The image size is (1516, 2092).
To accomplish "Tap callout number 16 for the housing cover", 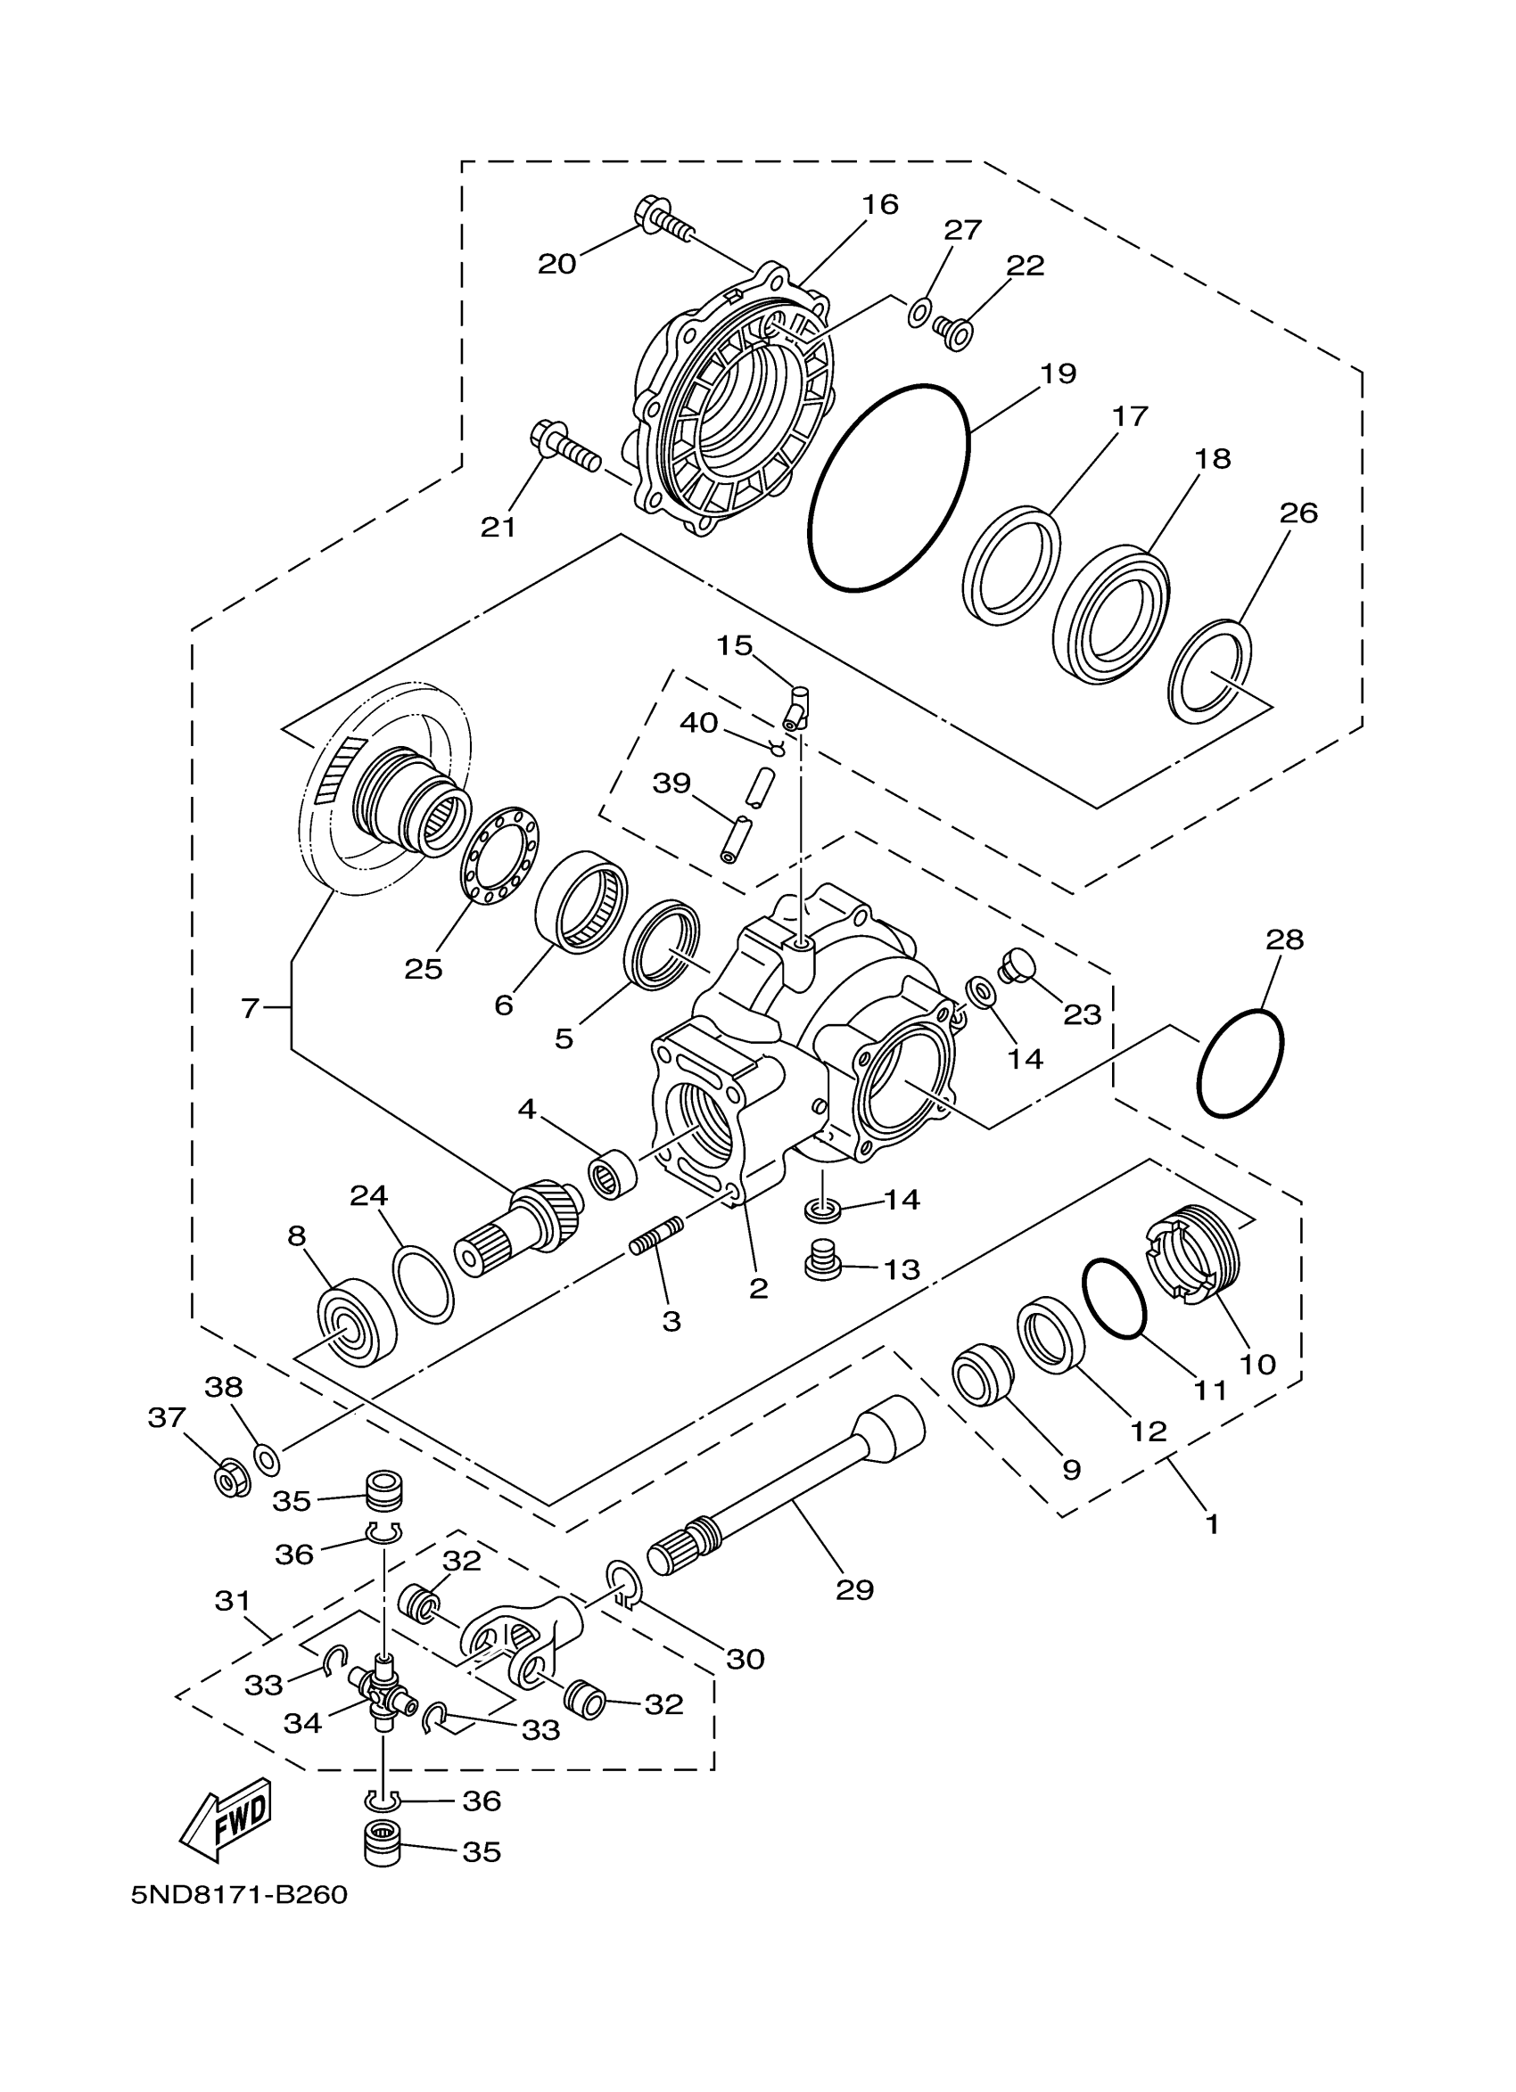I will (x=880, y=205).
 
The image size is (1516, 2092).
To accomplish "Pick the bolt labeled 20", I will (x=663, y=221).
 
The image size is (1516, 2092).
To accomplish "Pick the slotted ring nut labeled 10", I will (x=1194, y=1259).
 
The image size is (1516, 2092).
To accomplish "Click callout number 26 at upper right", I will (x=1298, y=513).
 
